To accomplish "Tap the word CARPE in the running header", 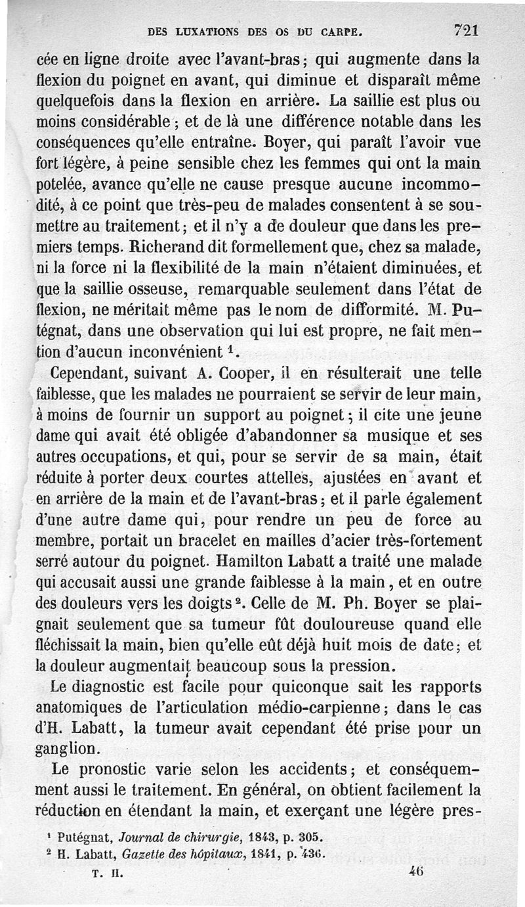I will pyautogui.click(x=339, y=30).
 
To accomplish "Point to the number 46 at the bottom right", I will pyautogui.click(x=415, y=873).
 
